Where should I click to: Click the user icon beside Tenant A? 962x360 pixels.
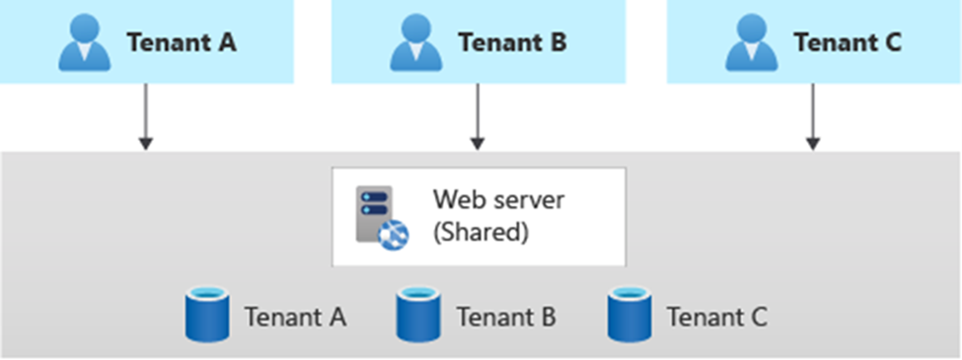[82, 43]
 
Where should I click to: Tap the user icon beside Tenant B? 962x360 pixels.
[414, 43]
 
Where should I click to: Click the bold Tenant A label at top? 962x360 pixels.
[181, 43]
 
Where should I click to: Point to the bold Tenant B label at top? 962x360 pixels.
[513, 43]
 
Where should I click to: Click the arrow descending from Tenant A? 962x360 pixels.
[145, 116]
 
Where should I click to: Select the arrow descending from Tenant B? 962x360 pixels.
[478, 116]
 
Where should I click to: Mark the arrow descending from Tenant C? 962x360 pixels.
[812, 116]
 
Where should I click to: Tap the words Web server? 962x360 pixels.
[498, 200]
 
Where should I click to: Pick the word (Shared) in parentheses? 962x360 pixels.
[481, 234]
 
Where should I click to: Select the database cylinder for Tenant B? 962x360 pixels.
[416, 315]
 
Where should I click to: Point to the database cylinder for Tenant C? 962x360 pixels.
[629, 315]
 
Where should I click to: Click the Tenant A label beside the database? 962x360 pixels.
[294, 318]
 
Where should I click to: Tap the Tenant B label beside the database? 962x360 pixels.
[505, 318]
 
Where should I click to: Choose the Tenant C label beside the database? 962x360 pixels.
[716, 318]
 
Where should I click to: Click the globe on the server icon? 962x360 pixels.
[395, 234]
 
